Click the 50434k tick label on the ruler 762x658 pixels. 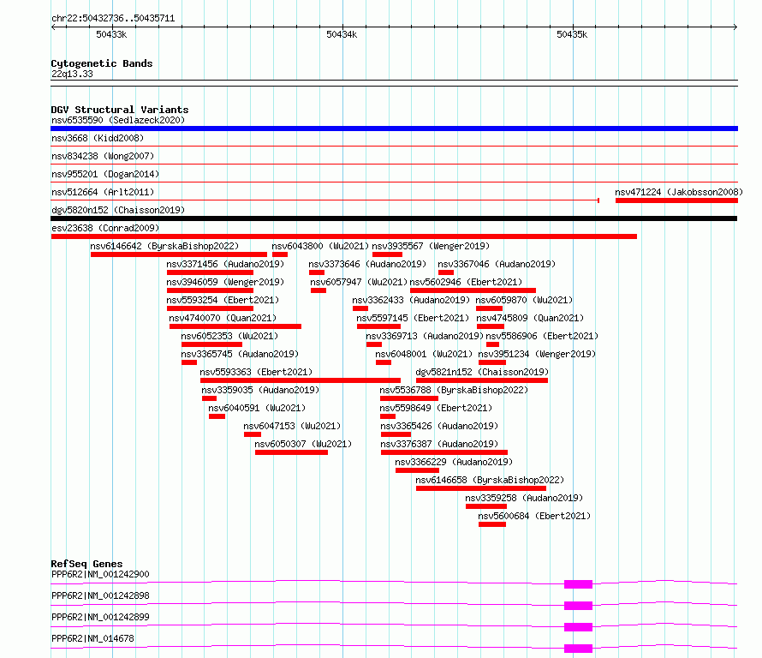point(342,34)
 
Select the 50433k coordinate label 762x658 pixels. point(111,34)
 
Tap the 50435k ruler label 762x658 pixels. point(572,34)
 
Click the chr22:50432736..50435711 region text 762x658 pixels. point(113,19)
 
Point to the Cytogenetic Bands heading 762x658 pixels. point(102,63)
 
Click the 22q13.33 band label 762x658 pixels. point(72,74)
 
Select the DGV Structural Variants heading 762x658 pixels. point(120,110)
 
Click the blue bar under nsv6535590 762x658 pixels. point(394,129)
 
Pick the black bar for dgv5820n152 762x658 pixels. point(394,218)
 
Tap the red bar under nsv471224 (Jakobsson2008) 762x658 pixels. point(676,200)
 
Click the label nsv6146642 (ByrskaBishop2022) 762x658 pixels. point(164,246)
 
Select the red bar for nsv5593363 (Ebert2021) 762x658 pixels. point(301,380)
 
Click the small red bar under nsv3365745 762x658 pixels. point(189,362)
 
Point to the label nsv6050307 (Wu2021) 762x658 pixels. point(303,444)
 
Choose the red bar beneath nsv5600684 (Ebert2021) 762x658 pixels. point(492,524)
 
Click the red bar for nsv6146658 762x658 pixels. point(481,488)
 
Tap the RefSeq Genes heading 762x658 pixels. point(86,564)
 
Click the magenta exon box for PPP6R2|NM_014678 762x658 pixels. point(578,649)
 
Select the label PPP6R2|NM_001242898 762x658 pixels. point(100,595)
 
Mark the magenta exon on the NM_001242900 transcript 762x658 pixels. point(578,584)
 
